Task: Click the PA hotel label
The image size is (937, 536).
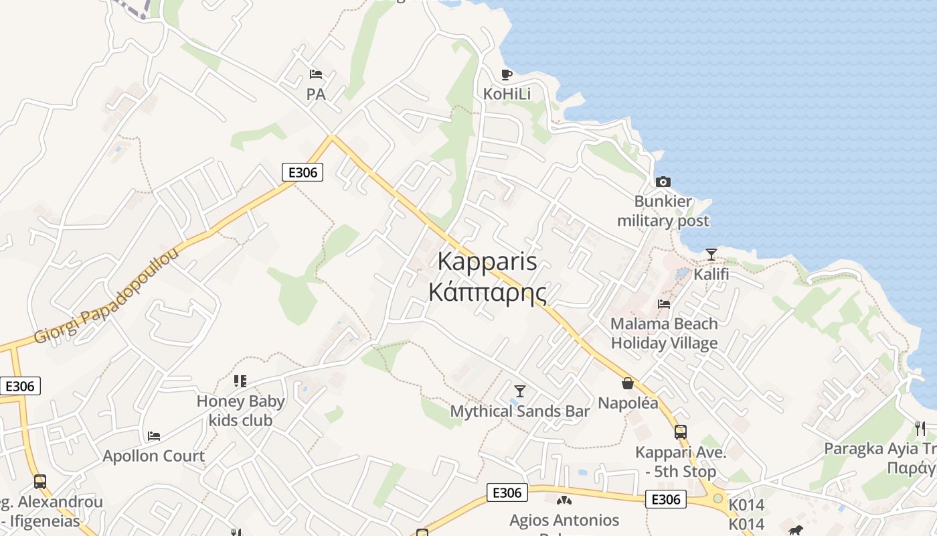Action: coord(316,94)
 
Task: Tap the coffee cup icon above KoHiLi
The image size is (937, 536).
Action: coord(507,74)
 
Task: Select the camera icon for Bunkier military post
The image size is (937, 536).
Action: coord(663,182)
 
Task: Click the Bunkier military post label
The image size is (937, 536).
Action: coord(663,211)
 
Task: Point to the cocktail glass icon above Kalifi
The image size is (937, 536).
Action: coord(711,255)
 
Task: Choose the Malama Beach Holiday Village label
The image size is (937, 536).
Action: coord(664,334)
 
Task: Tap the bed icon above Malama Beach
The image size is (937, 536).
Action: coord(664,304)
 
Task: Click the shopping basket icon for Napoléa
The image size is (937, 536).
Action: coord(628,383)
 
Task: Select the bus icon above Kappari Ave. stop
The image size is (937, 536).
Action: coord(681,432)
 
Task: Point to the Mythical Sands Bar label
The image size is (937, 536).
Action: coord(520,411)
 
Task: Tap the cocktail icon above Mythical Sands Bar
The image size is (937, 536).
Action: coord(519,391)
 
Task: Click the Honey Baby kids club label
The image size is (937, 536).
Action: coord(241,411)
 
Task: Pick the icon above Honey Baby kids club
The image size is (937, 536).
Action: coord(240,381)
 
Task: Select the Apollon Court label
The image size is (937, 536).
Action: coord(154,456)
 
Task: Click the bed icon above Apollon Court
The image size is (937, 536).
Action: coord(154,436)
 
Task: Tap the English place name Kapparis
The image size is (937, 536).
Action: coord(487,261)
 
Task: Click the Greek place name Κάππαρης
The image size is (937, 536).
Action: coord(487,292)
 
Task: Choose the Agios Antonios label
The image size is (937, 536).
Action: coord(564,520)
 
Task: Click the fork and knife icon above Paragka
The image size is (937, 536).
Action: coord(920,428)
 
